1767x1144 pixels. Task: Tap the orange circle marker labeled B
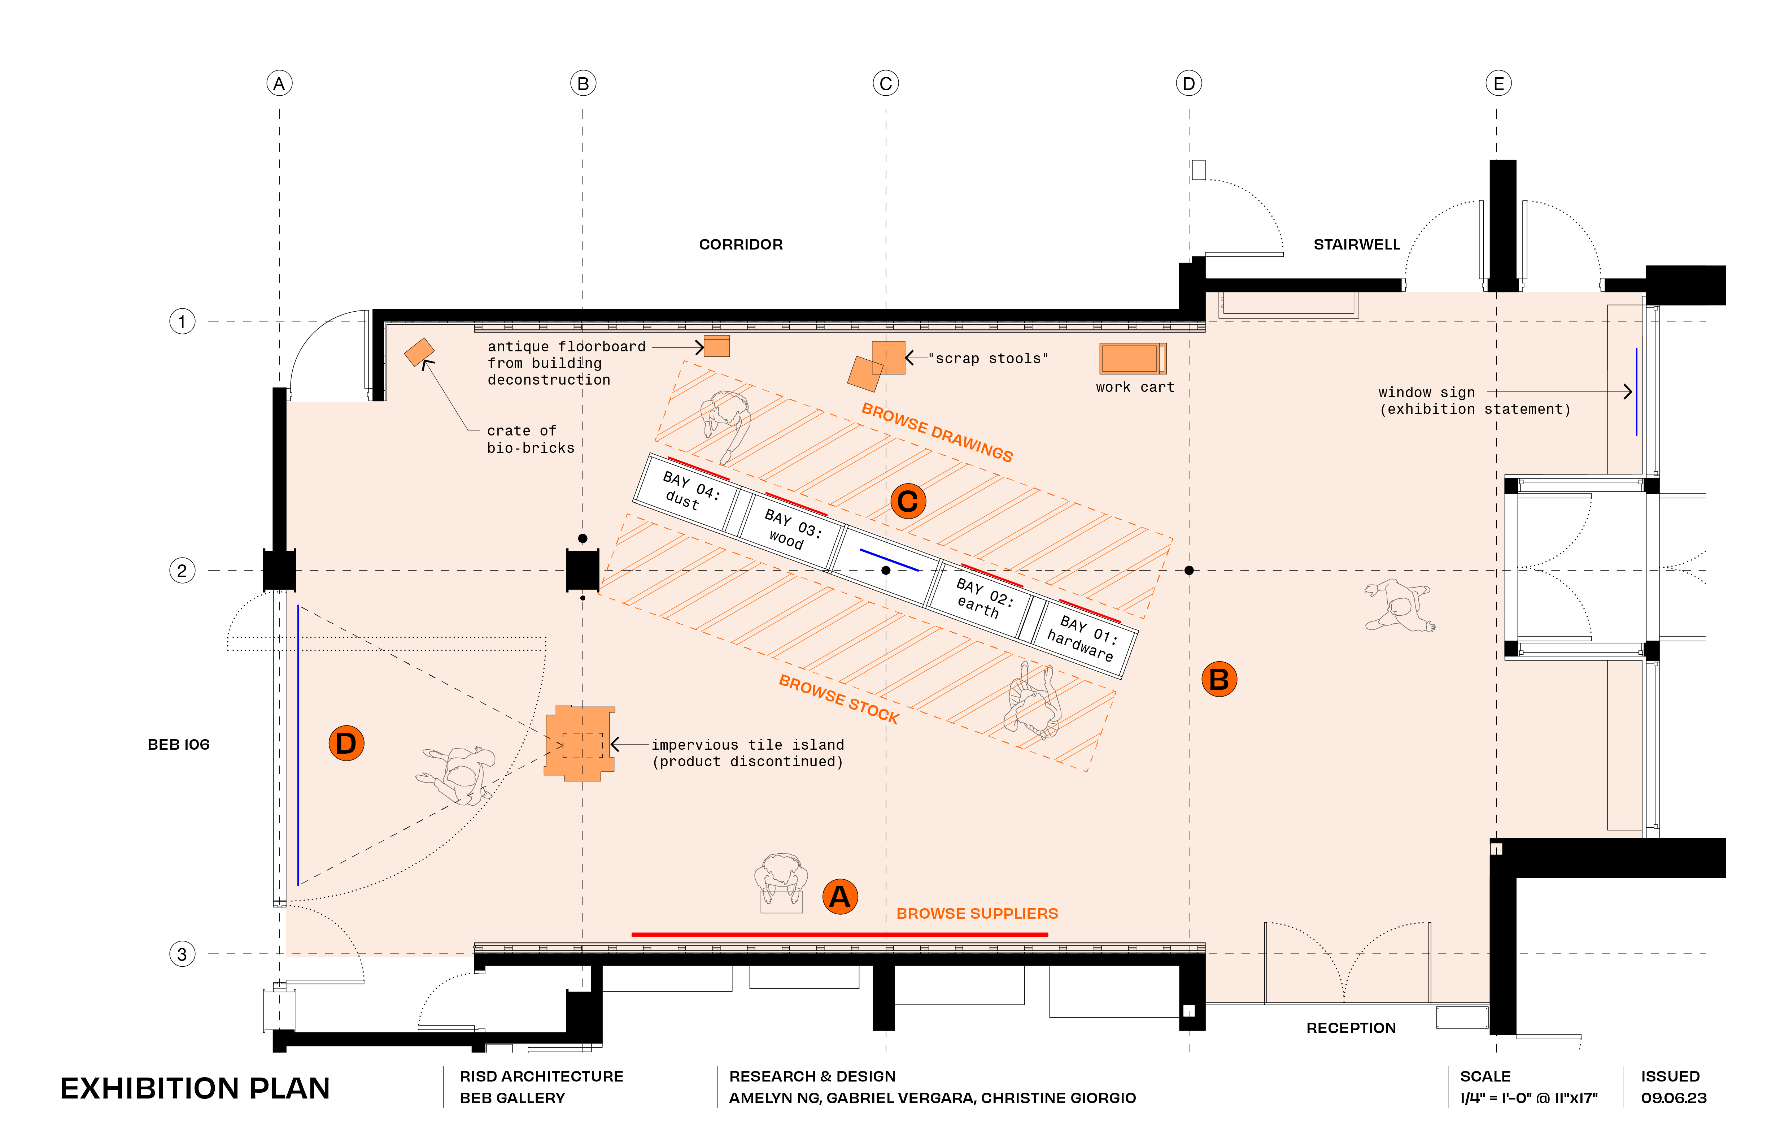pyautogui.click(x=1219, y=679)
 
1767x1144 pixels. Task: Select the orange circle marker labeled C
pyautogui.click(x=908, y=502)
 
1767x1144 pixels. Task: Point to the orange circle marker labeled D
pyautogui.click(x=346, y=743)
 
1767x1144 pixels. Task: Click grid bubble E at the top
pyautogui.click(x=1498, y=83)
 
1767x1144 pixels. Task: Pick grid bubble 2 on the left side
pyautogui.click(x=182, y=571)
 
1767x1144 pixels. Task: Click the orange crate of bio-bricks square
pyautogui.click(x=419, y=352)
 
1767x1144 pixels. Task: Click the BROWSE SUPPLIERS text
pyautogui.click(x=977, y=914)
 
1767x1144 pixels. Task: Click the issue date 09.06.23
pyautogui.click(x=1674, y=1098)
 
